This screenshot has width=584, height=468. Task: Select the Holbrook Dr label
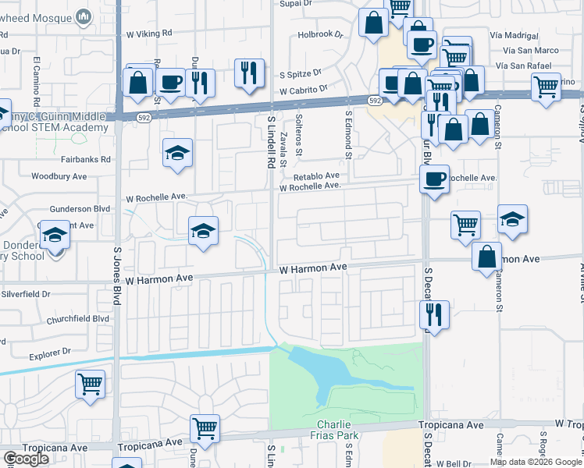pyautogui.click(x=320, y=35)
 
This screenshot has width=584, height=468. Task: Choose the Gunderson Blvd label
pyautogui.click(x=80, y=210)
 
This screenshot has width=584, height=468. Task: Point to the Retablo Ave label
pyautogui.click(x=317, y=175)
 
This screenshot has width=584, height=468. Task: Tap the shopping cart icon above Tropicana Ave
pyautogui.click(x=205, y=427)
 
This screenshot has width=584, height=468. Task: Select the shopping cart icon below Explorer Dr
pyautogui.click(x=90, y=383)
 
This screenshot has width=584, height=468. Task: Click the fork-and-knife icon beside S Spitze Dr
pyautogui.click(x=249, y=74)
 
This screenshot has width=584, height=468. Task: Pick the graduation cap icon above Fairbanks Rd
pyautogui.click(x=177, y=152)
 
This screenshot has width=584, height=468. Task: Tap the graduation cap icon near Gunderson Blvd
pyautogui.click(x=203, y=230)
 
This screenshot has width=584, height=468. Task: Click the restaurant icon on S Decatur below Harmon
pyautogui.click(x=433, y=314)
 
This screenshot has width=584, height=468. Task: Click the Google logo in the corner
pyautogui.click(x=26, y=459)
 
